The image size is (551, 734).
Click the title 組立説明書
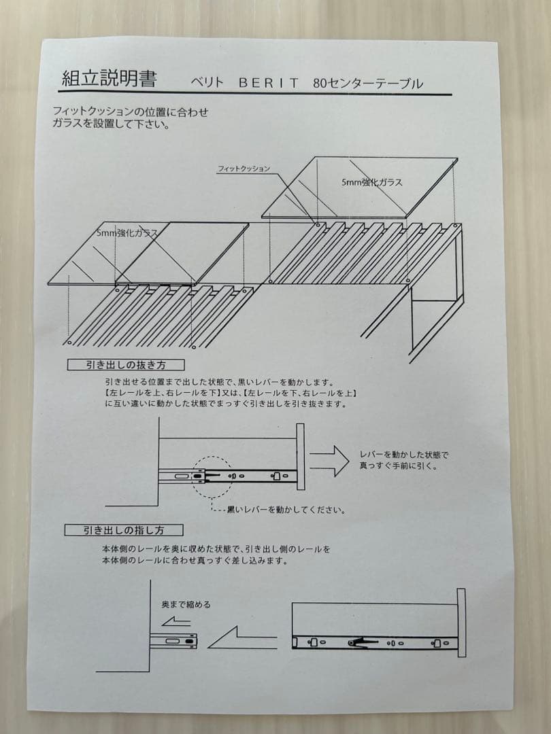pyautogui.click(x=109, y=79)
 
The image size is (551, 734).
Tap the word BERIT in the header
pyautogui.click(x=269, y=83)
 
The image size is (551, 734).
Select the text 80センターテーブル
pyautogui.click(x=368, y=84)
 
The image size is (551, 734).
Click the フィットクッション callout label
pyautogui.click(x=244, y=168)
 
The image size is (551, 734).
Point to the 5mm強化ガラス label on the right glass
pyautogui.click(x=371, y=182)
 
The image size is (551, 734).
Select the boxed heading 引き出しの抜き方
pyautogui.click(x=126, y=365)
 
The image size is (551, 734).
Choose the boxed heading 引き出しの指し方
pyautogui.click(x=124, y=529)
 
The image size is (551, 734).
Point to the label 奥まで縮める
pyautogui.click(x=186, y=604)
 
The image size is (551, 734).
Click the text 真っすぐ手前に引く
pyautogui.click(x=399, y=466)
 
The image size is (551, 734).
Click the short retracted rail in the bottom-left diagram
pyautogui.click(x=174, y=640)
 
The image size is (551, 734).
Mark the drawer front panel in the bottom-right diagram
pyautogui.click(x=461, y=623)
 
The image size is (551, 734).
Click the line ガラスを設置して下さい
pyautogui.click(x=111, y=124)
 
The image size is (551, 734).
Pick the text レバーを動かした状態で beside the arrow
pyautogui.click(x=405, y=455)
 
